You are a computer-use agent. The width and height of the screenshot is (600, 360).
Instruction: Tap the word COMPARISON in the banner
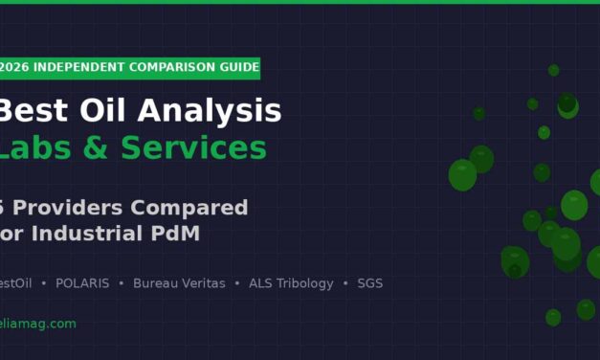pyautogui.click(x=170, y=68)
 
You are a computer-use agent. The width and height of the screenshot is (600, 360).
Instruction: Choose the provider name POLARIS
pyautogui.click(x=82, y=283)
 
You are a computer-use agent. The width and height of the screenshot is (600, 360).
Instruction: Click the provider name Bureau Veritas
pyautogui.click(x=179, y=283)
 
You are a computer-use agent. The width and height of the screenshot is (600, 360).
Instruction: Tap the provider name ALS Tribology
pyautogui.click(x=291, y=283)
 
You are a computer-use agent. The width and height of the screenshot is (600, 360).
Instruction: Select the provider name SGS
pyautogui.click(x=370, y=283)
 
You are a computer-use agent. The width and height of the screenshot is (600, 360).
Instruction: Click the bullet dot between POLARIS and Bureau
pyautogui.click(x=121, y=283)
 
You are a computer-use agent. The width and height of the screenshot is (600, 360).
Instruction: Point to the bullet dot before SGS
pyautogui.click(x=345, y=283)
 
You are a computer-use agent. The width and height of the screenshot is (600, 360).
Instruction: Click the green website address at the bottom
pyautogui.click(x=36, y=324)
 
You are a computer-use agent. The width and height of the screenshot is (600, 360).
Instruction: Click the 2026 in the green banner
pyautogui.click(x=13, y=68)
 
